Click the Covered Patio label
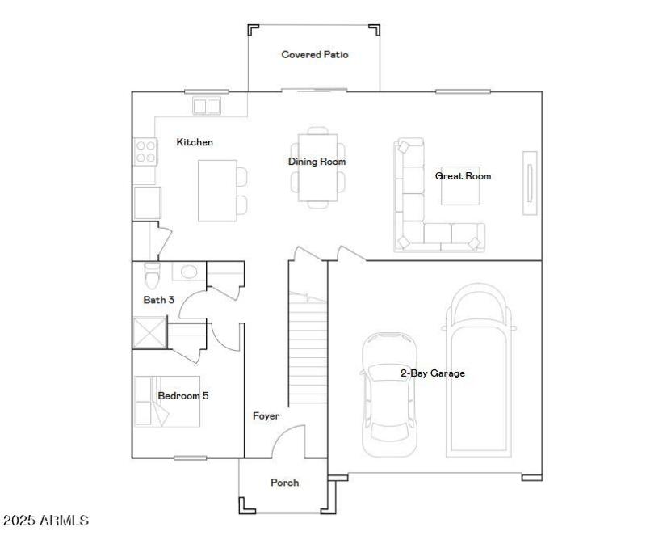[x=314, y=55]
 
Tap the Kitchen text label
[x=195, y=142]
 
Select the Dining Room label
[x=317, y=162]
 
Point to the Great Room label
[x=463, y=175]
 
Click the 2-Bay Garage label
[x=432, y=373]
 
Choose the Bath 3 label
[x=159, y=300]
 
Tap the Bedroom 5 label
[x=183, y=395]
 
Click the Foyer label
[x=266, y=416]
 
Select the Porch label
[x=283, y=483]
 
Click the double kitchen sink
[x=207, y=106]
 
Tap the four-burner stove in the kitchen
[x=145, y=151]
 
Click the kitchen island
[x=217, y=190]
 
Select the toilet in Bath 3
[x=151, y=276]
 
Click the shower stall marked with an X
[x=149, y=334]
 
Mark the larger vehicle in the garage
[x=480, y=372]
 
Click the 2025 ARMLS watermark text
[x=46, y=520]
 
